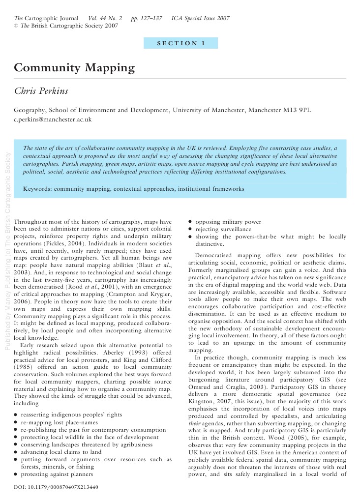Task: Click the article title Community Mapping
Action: point(74,67)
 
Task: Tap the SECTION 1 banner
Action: point(180,43)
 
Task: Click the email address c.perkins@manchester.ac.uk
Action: point(53,119)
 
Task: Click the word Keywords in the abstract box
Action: point(37,188)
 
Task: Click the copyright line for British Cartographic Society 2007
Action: point(66,26)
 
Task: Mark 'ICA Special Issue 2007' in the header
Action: point(200,18)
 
